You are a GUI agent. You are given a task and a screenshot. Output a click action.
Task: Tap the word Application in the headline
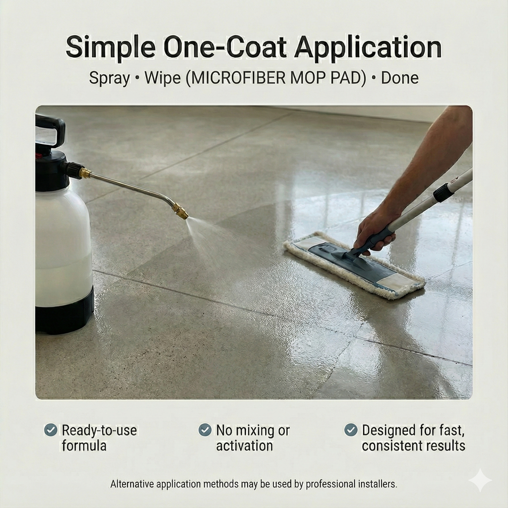pyautogui.click(x=368, y=47)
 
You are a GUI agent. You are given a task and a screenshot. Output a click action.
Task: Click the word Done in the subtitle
pyautogui.click(x=399, y=78)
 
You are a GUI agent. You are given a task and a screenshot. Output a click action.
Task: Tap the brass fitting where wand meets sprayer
pyautogui.click(x=85, y=173)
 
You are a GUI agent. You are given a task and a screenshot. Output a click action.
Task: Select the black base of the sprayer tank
pyautogui.click(x=64, y=312)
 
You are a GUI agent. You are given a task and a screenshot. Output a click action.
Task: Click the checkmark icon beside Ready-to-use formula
pyautogui.click(x=51, y=430)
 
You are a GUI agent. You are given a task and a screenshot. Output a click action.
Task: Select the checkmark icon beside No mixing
pyautogui.click(x=205, y=430)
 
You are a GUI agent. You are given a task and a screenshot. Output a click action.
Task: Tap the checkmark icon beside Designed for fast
pyautogui.click(x=351, y=430)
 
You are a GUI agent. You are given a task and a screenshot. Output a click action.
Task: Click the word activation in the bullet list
pyautogui.click(x=244, y=446)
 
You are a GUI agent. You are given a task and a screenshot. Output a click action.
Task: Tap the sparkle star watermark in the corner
pyautogui.click(x=480, y=480)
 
